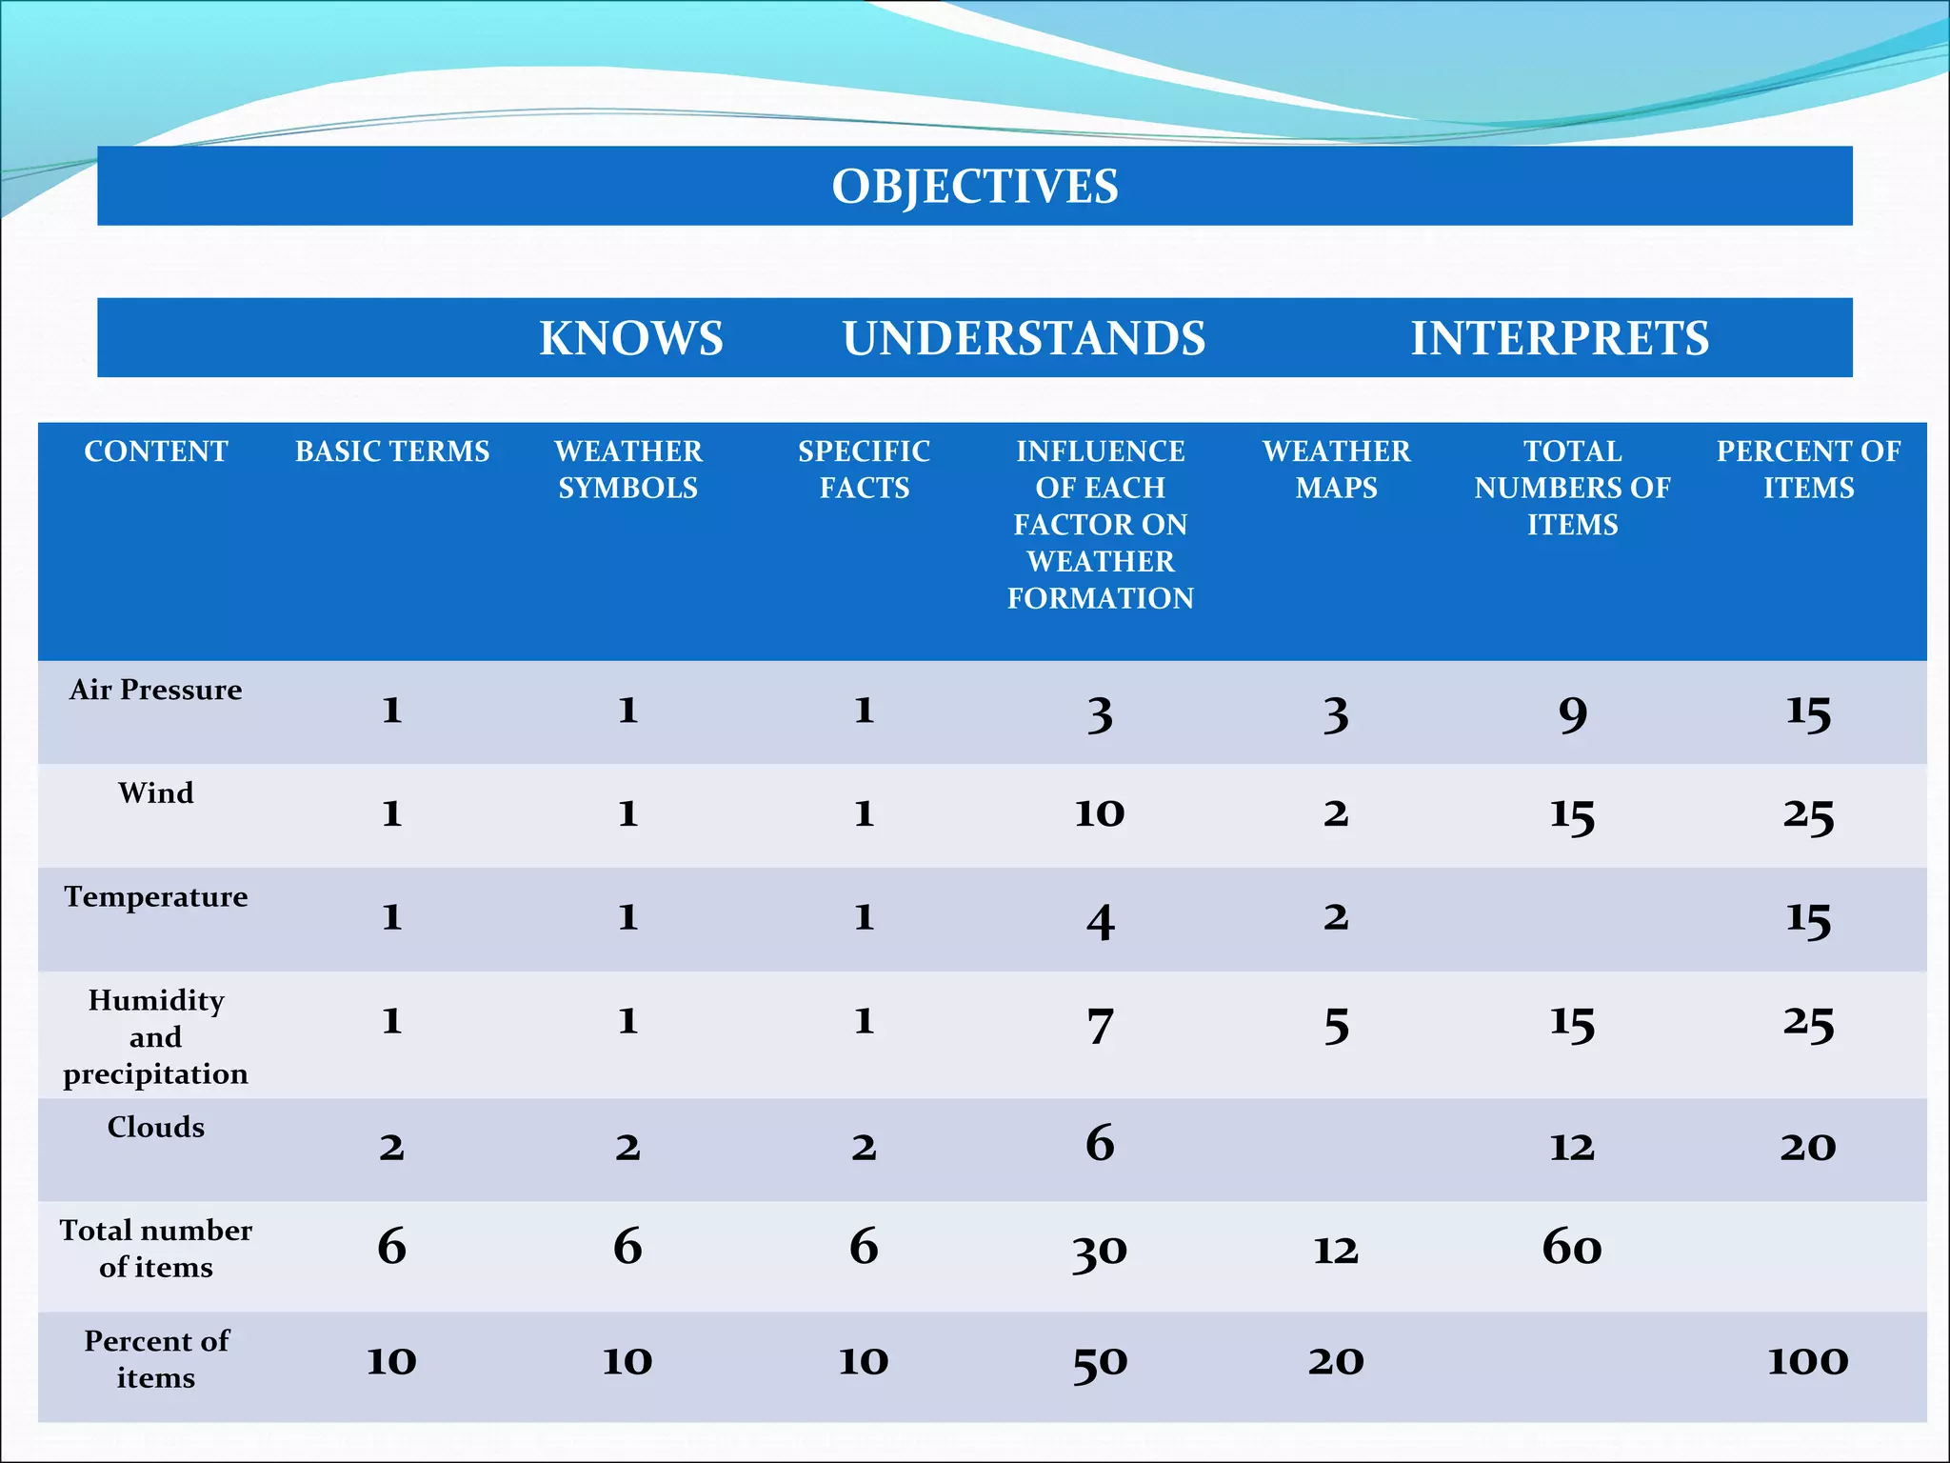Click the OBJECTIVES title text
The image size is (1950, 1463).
975,186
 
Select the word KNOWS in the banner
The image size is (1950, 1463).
631,338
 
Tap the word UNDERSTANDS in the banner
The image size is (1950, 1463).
1024,338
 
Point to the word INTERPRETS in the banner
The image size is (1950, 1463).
1560,338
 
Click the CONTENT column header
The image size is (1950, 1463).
156,451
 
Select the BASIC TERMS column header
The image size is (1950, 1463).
392,451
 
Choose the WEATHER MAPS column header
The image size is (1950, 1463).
1336,470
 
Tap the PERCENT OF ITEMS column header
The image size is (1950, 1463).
1808,470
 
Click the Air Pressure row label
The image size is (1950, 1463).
156,690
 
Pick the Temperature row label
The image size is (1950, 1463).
156,897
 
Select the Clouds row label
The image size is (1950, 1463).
156,1128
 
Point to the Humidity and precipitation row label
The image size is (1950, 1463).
156,1037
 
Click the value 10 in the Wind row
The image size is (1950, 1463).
1100,813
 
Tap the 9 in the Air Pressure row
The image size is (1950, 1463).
1573,713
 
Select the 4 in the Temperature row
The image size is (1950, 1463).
1101,921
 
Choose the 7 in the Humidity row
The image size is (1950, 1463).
1101,1025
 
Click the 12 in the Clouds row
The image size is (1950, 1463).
1572,1147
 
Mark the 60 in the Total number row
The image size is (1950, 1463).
1572,1247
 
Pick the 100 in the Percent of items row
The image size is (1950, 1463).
1807,1361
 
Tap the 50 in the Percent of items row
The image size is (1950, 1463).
1100,1363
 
